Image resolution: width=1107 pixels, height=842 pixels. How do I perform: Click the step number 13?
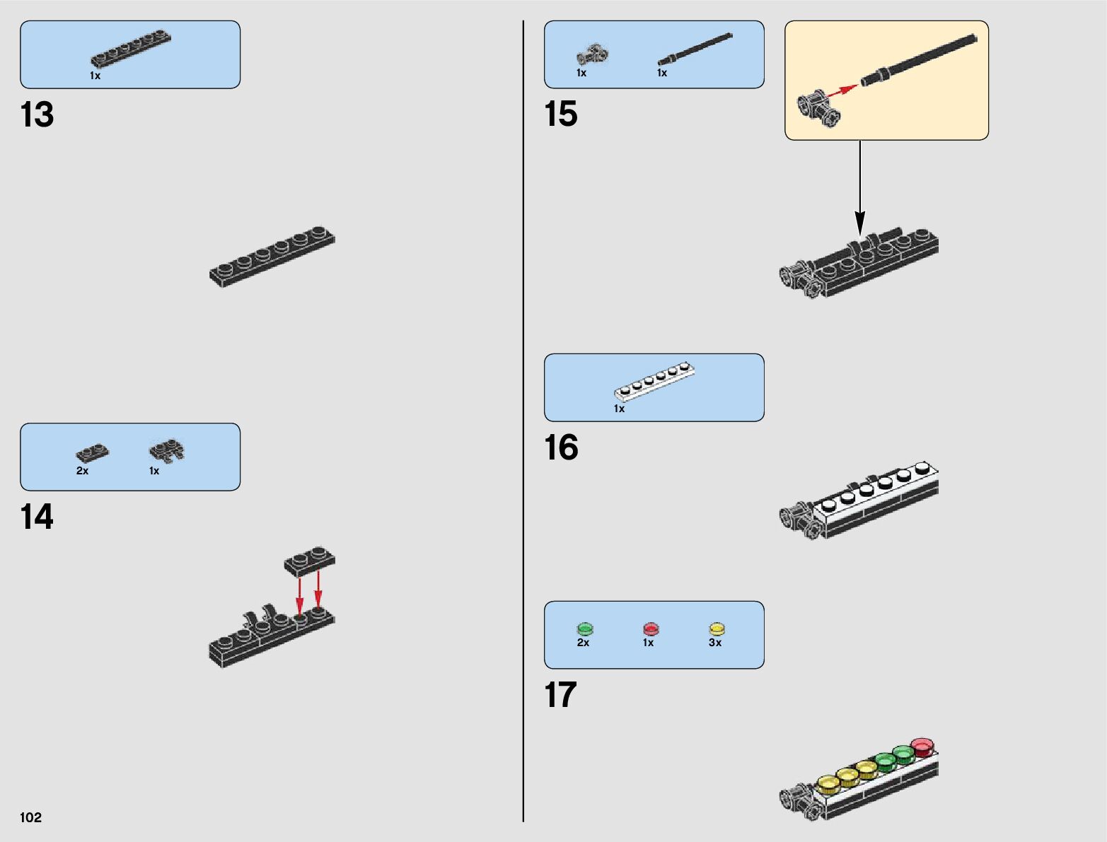point(37,115)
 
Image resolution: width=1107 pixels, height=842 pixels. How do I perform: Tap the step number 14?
point(37,517)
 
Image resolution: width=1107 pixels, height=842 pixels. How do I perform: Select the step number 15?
point(560,115)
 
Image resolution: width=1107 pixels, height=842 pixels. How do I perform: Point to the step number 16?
point(561,448)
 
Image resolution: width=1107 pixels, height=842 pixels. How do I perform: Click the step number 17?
point(560,695)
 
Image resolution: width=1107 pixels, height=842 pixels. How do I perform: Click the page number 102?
point(30,817)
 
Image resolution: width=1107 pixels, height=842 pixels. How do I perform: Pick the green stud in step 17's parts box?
point(585,628)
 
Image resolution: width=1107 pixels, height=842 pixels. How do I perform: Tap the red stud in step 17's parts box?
point(651,628)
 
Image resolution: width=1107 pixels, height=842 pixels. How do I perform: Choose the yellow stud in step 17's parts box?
point(717,628)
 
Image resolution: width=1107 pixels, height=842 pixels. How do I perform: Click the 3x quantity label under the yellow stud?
point(715,643)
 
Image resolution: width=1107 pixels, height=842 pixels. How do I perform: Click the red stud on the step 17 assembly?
point(922,745)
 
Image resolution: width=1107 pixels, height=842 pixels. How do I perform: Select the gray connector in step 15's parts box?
point(593,55)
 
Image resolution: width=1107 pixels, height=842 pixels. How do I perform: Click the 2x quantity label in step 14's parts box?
point(82,471)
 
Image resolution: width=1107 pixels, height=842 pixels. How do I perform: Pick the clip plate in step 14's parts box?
point(167,450)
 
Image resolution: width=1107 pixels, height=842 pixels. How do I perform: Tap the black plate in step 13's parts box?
point(131,50)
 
